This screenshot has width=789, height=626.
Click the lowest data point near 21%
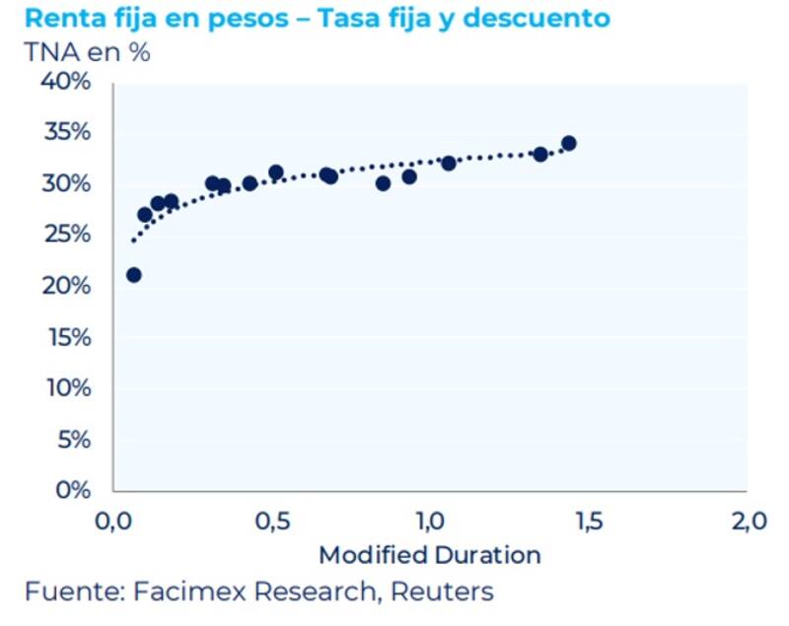point(134,275)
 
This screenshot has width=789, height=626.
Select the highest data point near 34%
point(568,143)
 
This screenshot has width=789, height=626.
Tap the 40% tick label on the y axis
point(66,82)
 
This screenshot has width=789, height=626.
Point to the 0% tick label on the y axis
point(72,490)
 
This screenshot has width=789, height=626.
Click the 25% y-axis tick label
point(66,235)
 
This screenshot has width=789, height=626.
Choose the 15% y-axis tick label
point(67,337)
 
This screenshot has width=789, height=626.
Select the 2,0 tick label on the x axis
point(746,522)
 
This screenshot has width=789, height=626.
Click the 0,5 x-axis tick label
point(272,522)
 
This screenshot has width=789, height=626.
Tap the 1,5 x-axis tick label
point(588,522)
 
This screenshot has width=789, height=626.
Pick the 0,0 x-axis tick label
point(114,522)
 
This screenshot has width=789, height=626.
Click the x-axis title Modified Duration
point(430,555)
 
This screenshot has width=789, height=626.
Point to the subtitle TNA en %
point(87,52)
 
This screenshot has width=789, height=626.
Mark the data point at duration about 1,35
point(540,154)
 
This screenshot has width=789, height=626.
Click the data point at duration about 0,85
point(384,183)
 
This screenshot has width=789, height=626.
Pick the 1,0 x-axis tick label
point(430,522)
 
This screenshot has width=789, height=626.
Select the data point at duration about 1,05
point(449,163)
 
